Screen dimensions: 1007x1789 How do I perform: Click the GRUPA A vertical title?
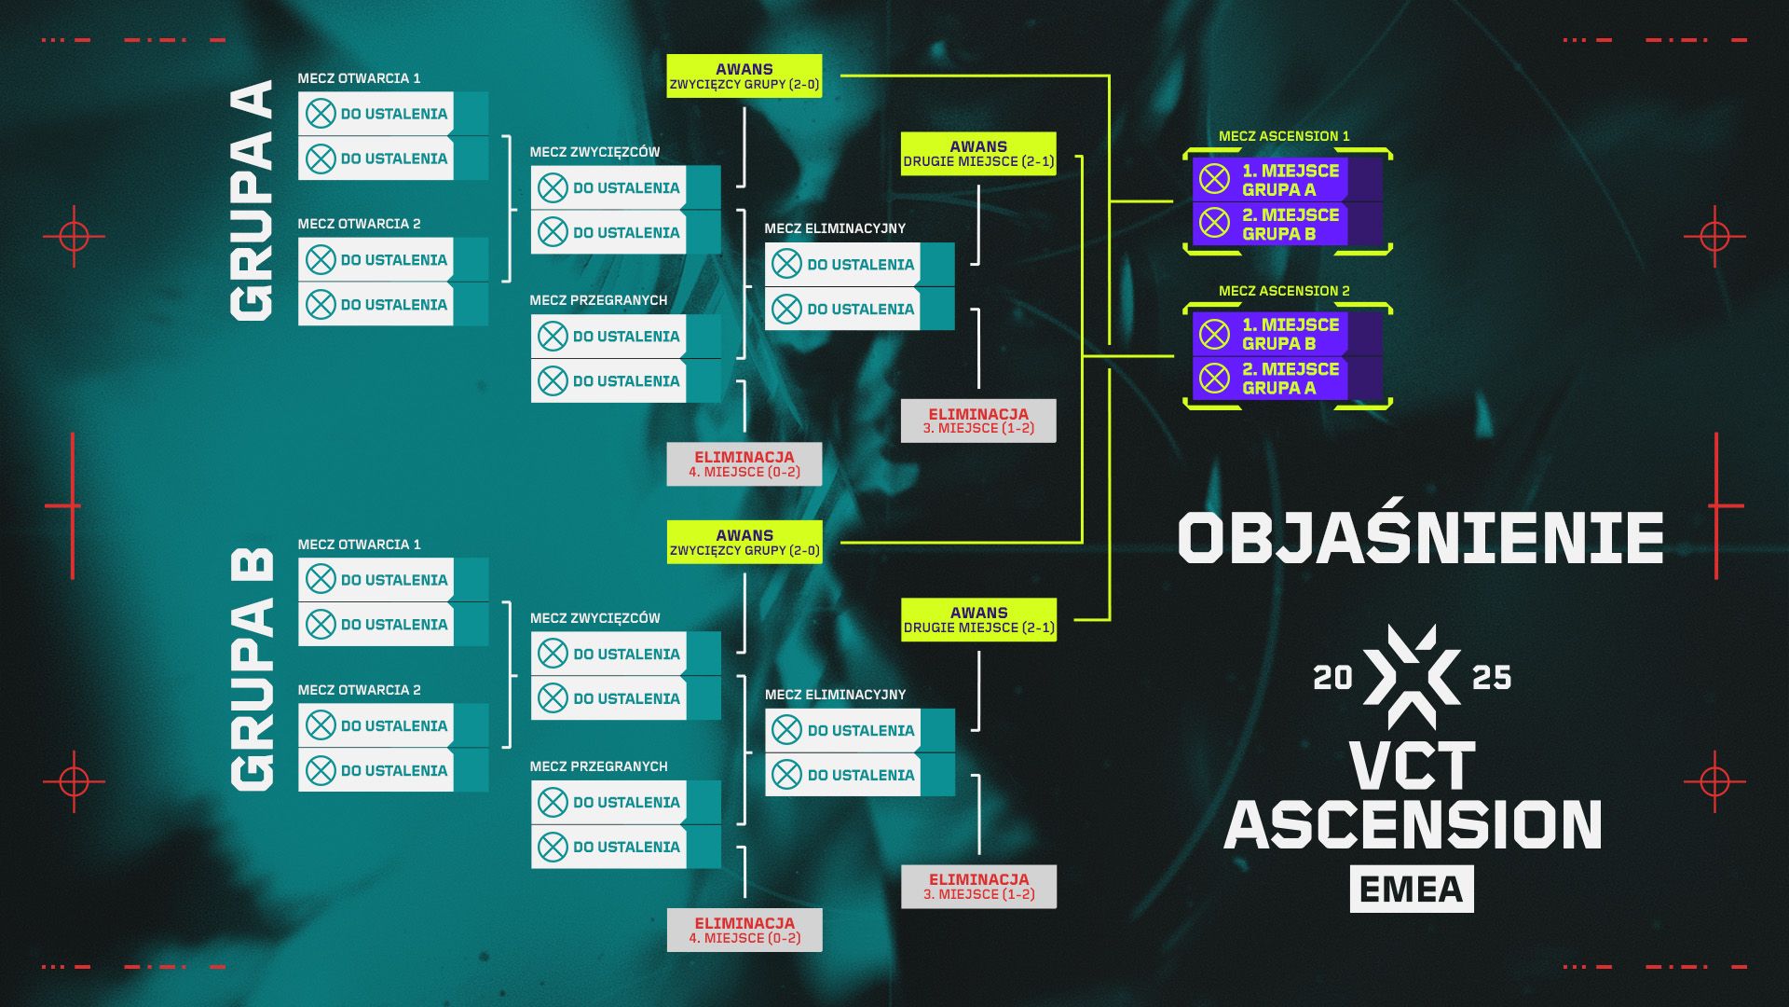pyautogui.click(x=252, y=201)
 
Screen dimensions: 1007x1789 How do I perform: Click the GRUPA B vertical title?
pyautogui.click(x=252, y=668)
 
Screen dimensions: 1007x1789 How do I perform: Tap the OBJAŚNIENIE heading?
pyautogui.click(x=1420, y=538)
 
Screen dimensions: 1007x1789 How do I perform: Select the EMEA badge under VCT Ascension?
pyautogui.click(x=1412, y=889)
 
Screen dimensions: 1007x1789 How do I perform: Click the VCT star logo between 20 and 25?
pyautogui.click(x=1412, y=677)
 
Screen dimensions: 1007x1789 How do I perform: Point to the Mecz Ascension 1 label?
pyautogui.click(x=1284, y=136)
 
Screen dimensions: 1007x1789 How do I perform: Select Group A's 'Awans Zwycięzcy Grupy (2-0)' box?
pyautogui.click(x=744, y=76)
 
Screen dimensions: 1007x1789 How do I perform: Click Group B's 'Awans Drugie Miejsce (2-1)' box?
pyautogui.click(x=978, y=620)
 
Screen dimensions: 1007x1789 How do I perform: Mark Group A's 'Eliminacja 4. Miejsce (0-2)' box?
pyautogui.click(x=744, y=464)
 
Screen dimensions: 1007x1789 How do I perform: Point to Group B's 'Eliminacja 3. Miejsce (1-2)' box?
pyautogui.click(x=978, y=887)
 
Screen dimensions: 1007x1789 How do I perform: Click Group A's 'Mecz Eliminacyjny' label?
pyautogui.click(x=835, y=228)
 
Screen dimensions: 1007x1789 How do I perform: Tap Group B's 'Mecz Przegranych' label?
pyautogui.click(x=598, y=766)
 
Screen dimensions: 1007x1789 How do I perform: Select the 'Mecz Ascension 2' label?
pyautogui.click(x=1284, y=291)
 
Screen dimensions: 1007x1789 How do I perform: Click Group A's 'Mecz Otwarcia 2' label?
pyautogui.click(x=359, y=224)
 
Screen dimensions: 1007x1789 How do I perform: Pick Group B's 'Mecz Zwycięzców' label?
pyautogui.click(x=594, y=618)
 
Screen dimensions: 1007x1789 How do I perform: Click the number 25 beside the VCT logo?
pyautogui.click(x=1491, y=678)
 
